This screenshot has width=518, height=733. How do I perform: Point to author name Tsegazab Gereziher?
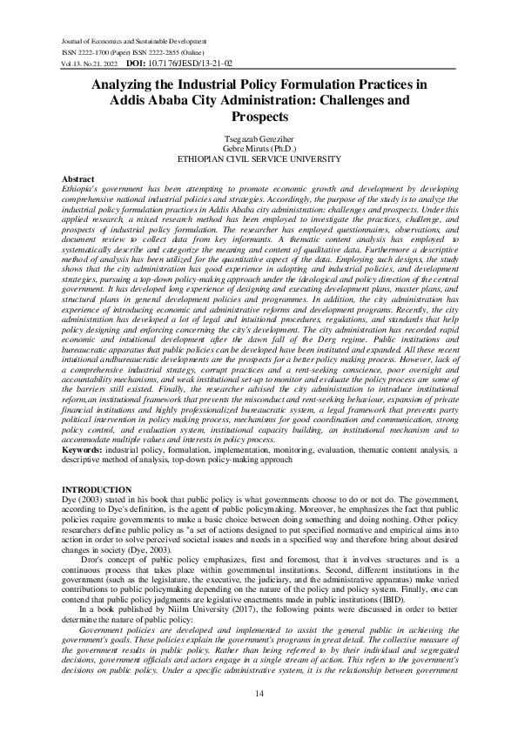pos(259,140)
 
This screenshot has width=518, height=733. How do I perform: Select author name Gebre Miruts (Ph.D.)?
pos(259,150)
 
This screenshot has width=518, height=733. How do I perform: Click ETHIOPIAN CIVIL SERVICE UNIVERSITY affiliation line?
pos(259,159)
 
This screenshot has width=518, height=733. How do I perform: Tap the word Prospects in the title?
pos(259,116)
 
